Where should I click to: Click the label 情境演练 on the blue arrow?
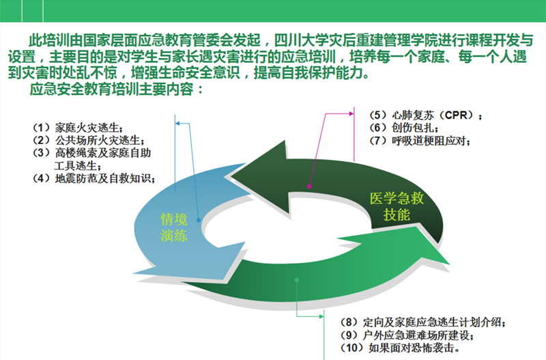click(174, 227)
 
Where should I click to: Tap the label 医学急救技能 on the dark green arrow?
click(397, 206)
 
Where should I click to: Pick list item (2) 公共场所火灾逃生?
click(88, 140)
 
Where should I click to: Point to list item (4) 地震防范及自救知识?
click(94, 178)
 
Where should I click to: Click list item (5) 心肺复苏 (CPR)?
click(425, 115)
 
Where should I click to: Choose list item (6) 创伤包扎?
click(403, 128)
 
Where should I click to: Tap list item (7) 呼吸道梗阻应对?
click(419, 141)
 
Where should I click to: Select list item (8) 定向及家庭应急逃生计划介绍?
click(422, 322)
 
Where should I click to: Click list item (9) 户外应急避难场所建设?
click(407, 335)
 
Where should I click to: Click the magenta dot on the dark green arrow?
click(309, 186)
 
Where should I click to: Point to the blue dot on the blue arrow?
click(199, 220)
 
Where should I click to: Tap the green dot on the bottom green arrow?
click(297, 280)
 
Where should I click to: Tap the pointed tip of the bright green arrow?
click(450, 264)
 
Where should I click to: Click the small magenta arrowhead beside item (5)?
click(351, 113)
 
